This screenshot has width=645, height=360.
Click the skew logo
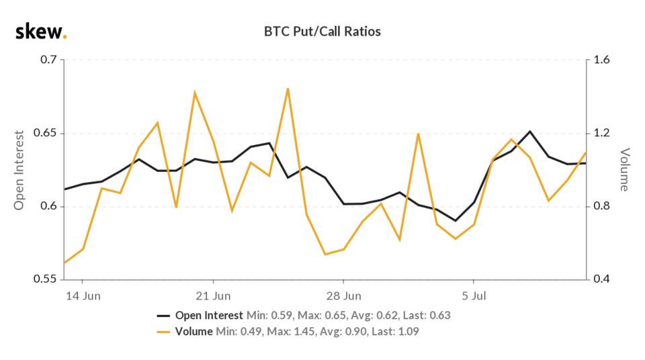[x=41, y=32]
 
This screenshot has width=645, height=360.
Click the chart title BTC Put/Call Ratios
[x=323, y=32]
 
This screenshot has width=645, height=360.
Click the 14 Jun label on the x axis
[x=83, y=296]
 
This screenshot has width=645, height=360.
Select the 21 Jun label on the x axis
[x=213, y=296]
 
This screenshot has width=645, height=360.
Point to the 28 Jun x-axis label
[x=343, y=296]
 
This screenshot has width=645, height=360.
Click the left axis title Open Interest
[x=19, y=169]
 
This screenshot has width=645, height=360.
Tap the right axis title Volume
[x=624, y=169]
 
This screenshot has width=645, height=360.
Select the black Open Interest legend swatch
[x=163, y=316]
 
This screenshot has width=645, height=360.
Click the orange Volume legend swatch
[x=163, y=331]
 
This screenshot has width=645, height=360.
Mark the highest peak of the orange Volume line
[x=288, y=88]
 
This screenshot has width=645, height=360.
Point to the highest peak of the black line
[x=530, y=132]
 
